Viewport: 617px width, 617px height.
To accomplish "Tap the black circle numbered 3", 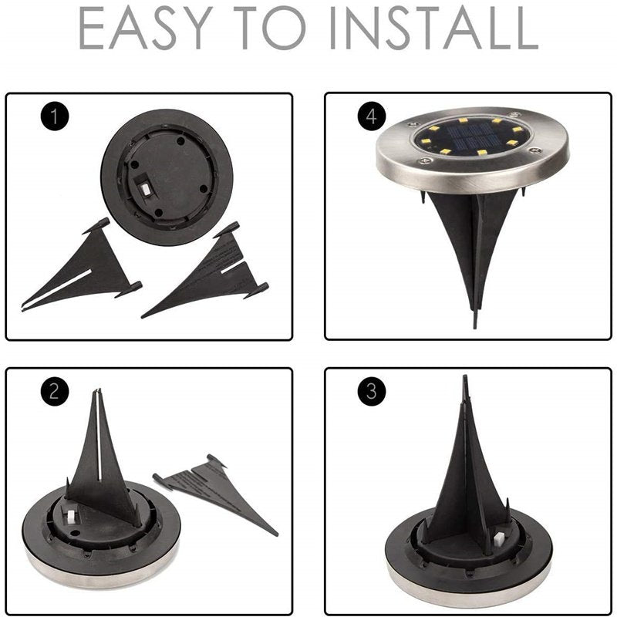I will [372, 391].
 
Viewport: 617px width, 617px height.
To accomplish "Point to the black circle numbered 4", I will [372, 116].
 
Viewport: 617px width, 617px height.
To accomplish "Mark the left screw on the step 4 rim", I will [423, 160].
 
